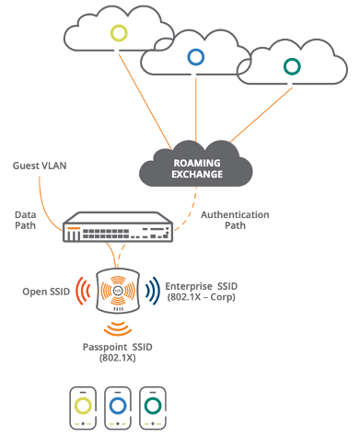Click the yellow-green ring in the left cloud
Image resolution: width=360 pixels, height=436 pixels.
119,33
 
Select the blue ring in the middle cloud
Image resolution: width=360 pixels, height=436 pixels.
195,57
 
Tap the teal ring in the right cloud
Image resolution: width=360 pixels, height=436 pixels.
292,66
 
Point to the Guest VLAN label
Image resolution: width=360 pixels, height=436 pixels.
38,166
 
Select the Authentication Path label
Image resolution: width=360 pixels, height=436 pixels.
235,221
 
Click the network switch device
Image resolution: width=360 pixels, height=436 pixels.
118,229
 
